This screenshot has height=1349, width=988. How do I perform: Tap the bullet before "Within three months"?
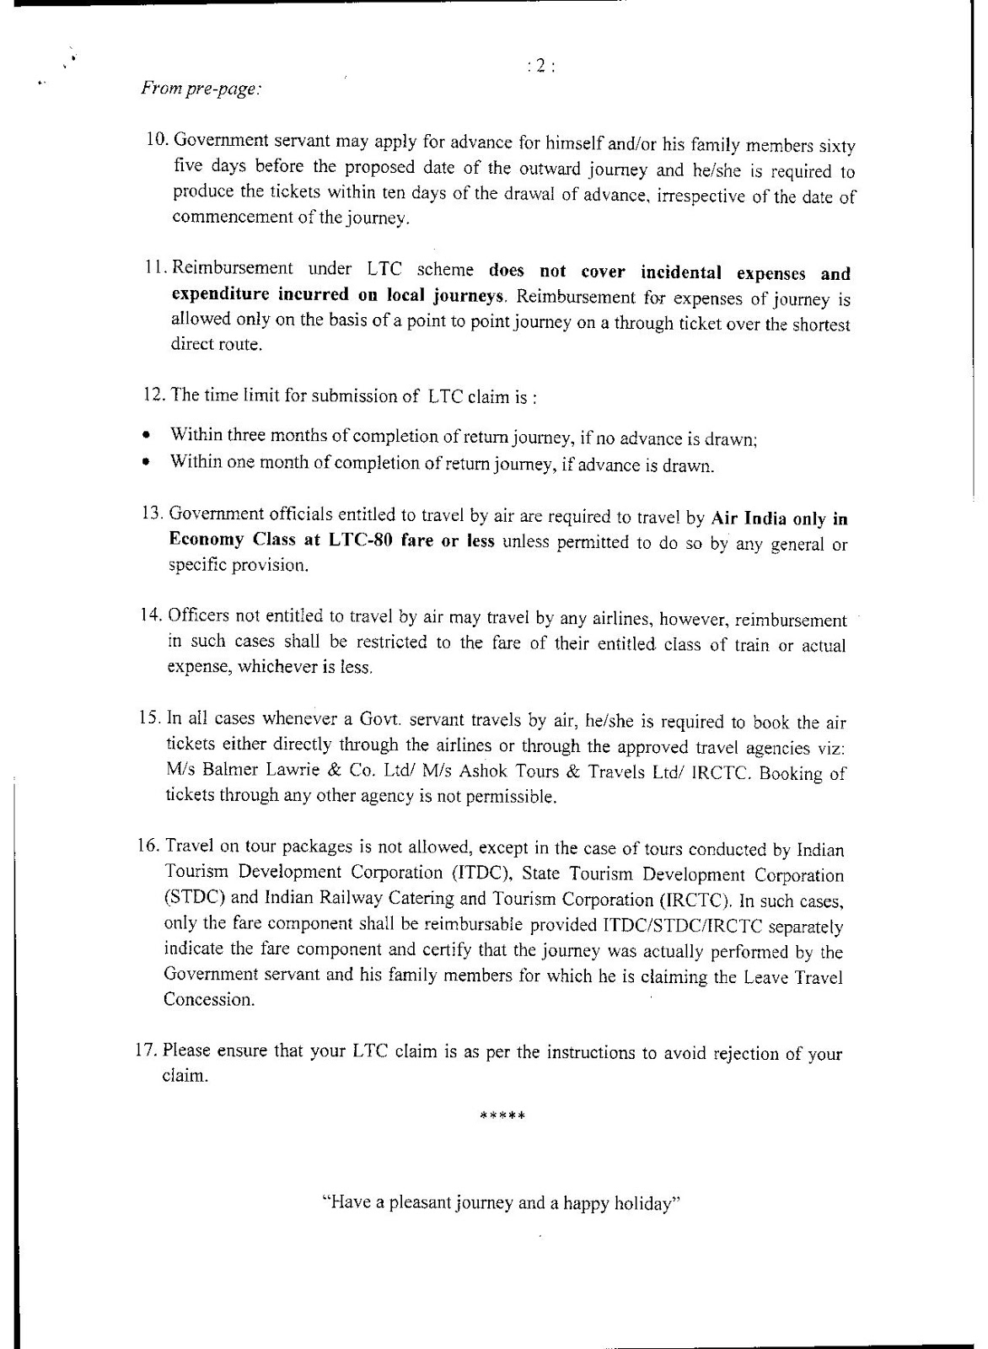tap(146, 437)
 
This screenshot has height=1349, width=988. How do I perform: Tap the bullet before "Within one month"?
tap(146, 462)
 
